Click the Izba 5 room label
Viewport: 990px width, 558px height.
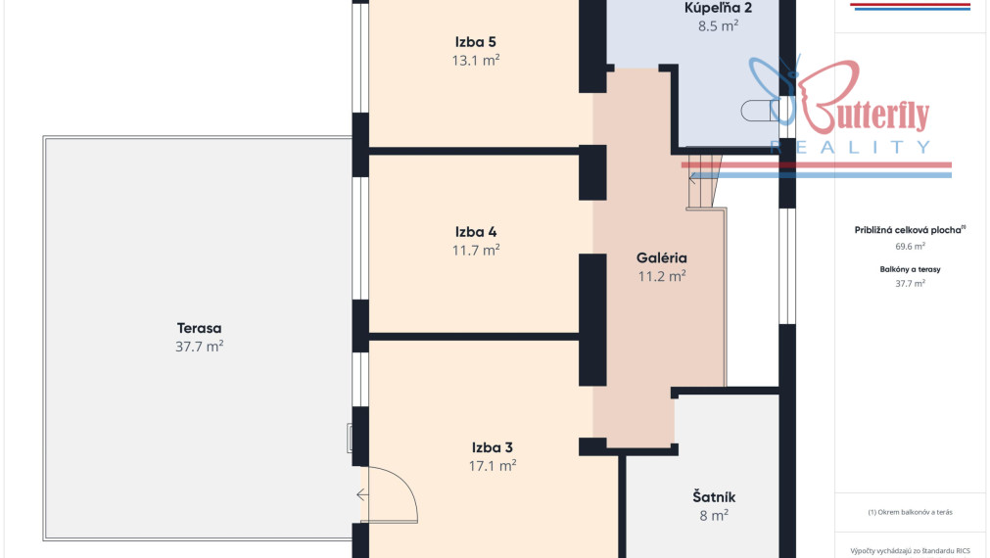pos(476,42)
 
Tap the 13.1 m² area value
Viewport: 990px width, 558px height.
pos(476,61)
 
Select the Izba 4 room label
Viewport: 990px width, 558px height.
pos(476,232)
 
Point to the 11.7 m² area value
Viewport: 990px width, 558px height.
pos(476,251)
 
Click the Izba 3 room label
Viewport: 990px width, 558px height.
pos(492,447)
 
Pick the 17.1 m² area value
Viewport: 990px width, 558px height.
pos(492,466)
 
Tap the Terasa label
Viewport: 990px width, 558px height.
pos(199,328)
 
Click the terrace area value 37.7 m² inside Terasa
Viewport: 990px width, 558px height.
pos(199,347)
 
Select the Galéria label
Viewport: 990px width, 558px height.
pos(662,257)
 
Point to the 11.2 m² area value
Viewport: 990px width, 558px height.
pos(662,276)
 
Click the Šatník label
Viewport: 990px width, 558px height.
pos(714,496)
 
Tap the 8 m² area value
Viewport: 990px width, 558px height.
pos(714,516)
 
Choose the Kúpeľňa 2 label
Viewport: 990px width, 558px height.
pos(718,8)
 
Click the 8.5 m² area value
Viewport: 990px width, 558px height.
pos(718,26)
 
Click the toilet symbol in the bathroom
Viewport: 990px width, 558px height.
pos(760,111)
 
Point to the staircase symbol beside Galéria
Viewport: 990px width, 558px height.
pos(703,182)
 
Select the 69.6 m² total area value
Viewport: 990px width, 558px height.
pos(910,247)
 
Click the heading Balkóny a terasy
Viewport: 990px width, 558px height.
pos(910,269)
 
